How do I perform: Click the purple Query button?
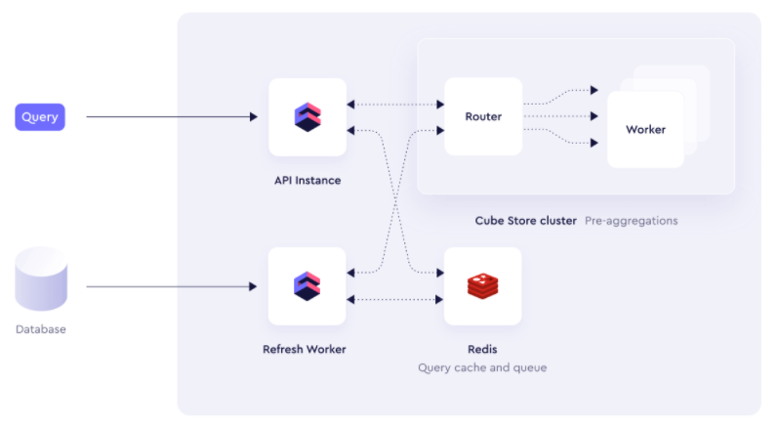pos(40,117)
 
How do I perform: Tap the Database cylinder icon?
pos(41,279)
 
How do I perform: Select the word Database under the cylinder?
pos(41,329)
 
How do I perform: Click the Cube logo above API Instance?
pos(307,117)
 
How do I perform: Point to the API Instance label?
pos(307,180)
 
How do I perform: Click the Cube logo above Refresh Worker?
pos(307,286)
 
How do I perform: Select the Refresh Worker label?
pos(305,349)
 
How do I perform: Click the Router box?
pos(483,117)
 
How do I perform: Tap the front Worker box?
pos(645,129)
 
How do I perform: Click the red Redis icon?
pos(482,286)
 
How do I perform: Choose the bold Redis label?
pos(482,349)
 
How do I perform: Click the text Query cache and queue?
pos(482,367)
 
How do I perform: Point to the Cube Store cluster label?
pos(526,221)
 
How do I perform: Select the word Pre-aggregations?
pos(631,221)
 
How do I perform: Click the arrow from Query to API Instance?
pos(171,117)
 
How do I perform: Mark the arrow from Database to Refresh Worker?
pos(171,286)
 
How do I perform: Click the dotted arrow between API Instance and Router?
pos(395,105)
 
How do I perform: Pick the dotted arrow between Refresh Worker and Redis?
pos(395,298)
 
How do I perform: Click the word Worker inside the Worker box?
pos(645,129)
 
